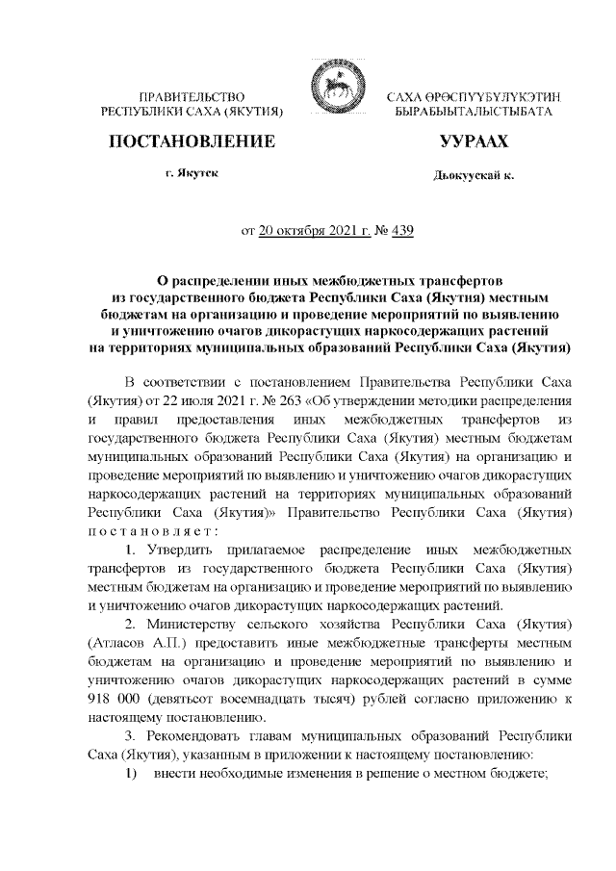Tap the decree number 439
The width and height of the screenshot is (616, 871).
(x=401, y=231)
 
